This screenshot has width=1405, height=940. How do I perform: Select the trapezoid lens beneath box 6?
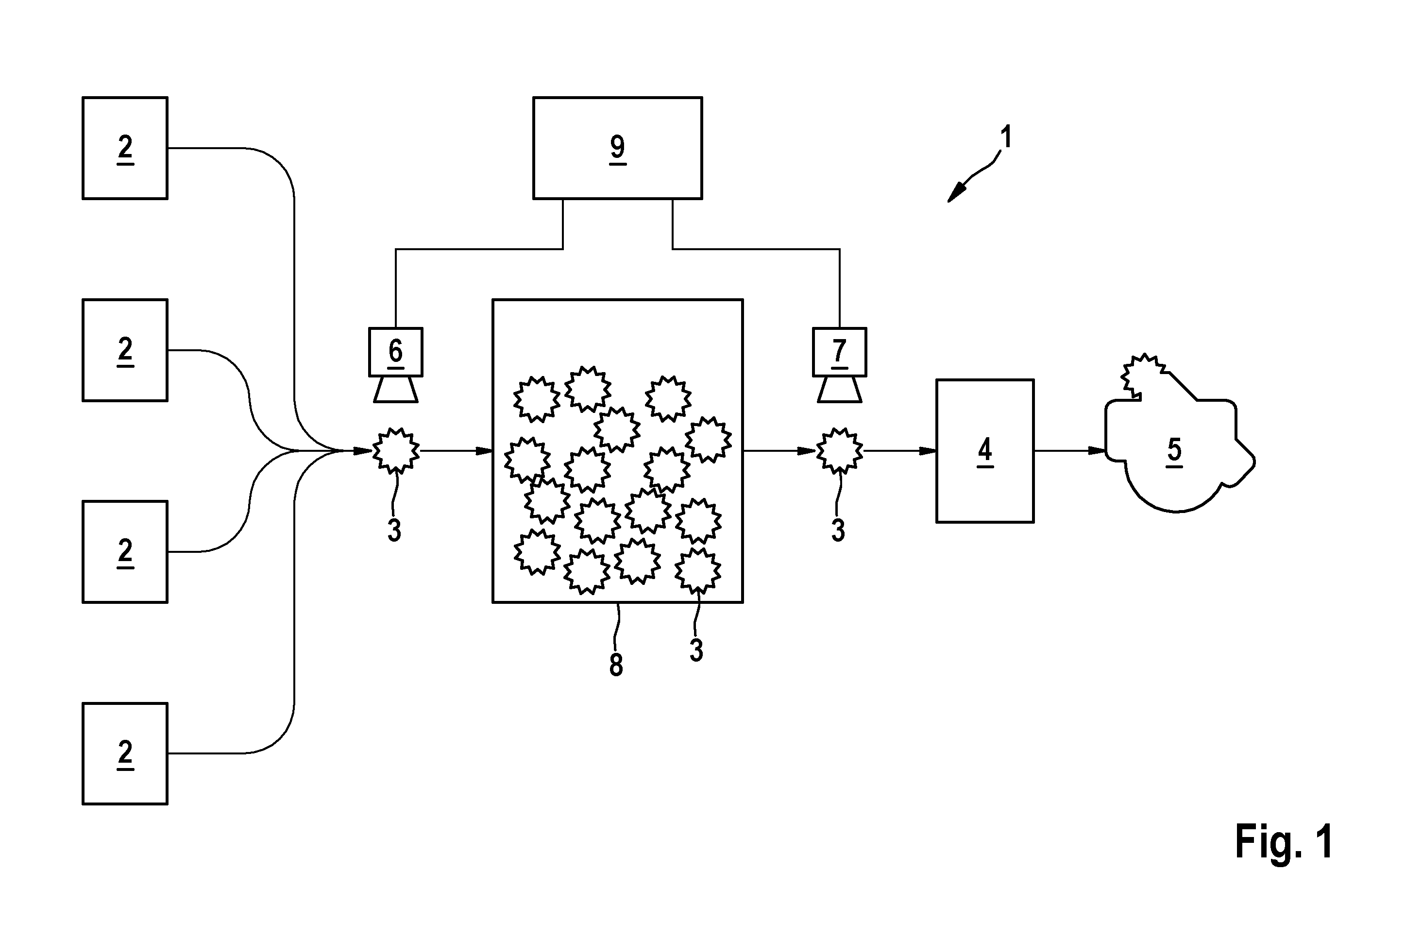[395, 390]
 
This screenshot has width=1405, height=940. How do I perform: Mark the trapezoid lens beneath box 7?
[839, 390]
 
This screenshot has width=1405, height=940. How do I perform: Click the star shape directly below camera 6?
[395, 451]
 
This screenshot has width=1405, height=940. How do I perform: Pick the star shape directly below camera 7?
[839, 451]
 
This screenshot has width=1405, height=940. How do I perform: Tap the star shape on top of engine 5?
[1143, 376]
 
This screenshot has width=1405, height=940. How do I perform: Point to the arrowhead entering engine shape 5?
[1097, 451]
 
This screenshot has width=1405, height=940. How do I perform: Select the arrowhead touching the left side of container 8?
[484, 451]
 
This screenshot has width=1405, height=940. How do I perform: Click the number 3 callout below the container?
[695, 650]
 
